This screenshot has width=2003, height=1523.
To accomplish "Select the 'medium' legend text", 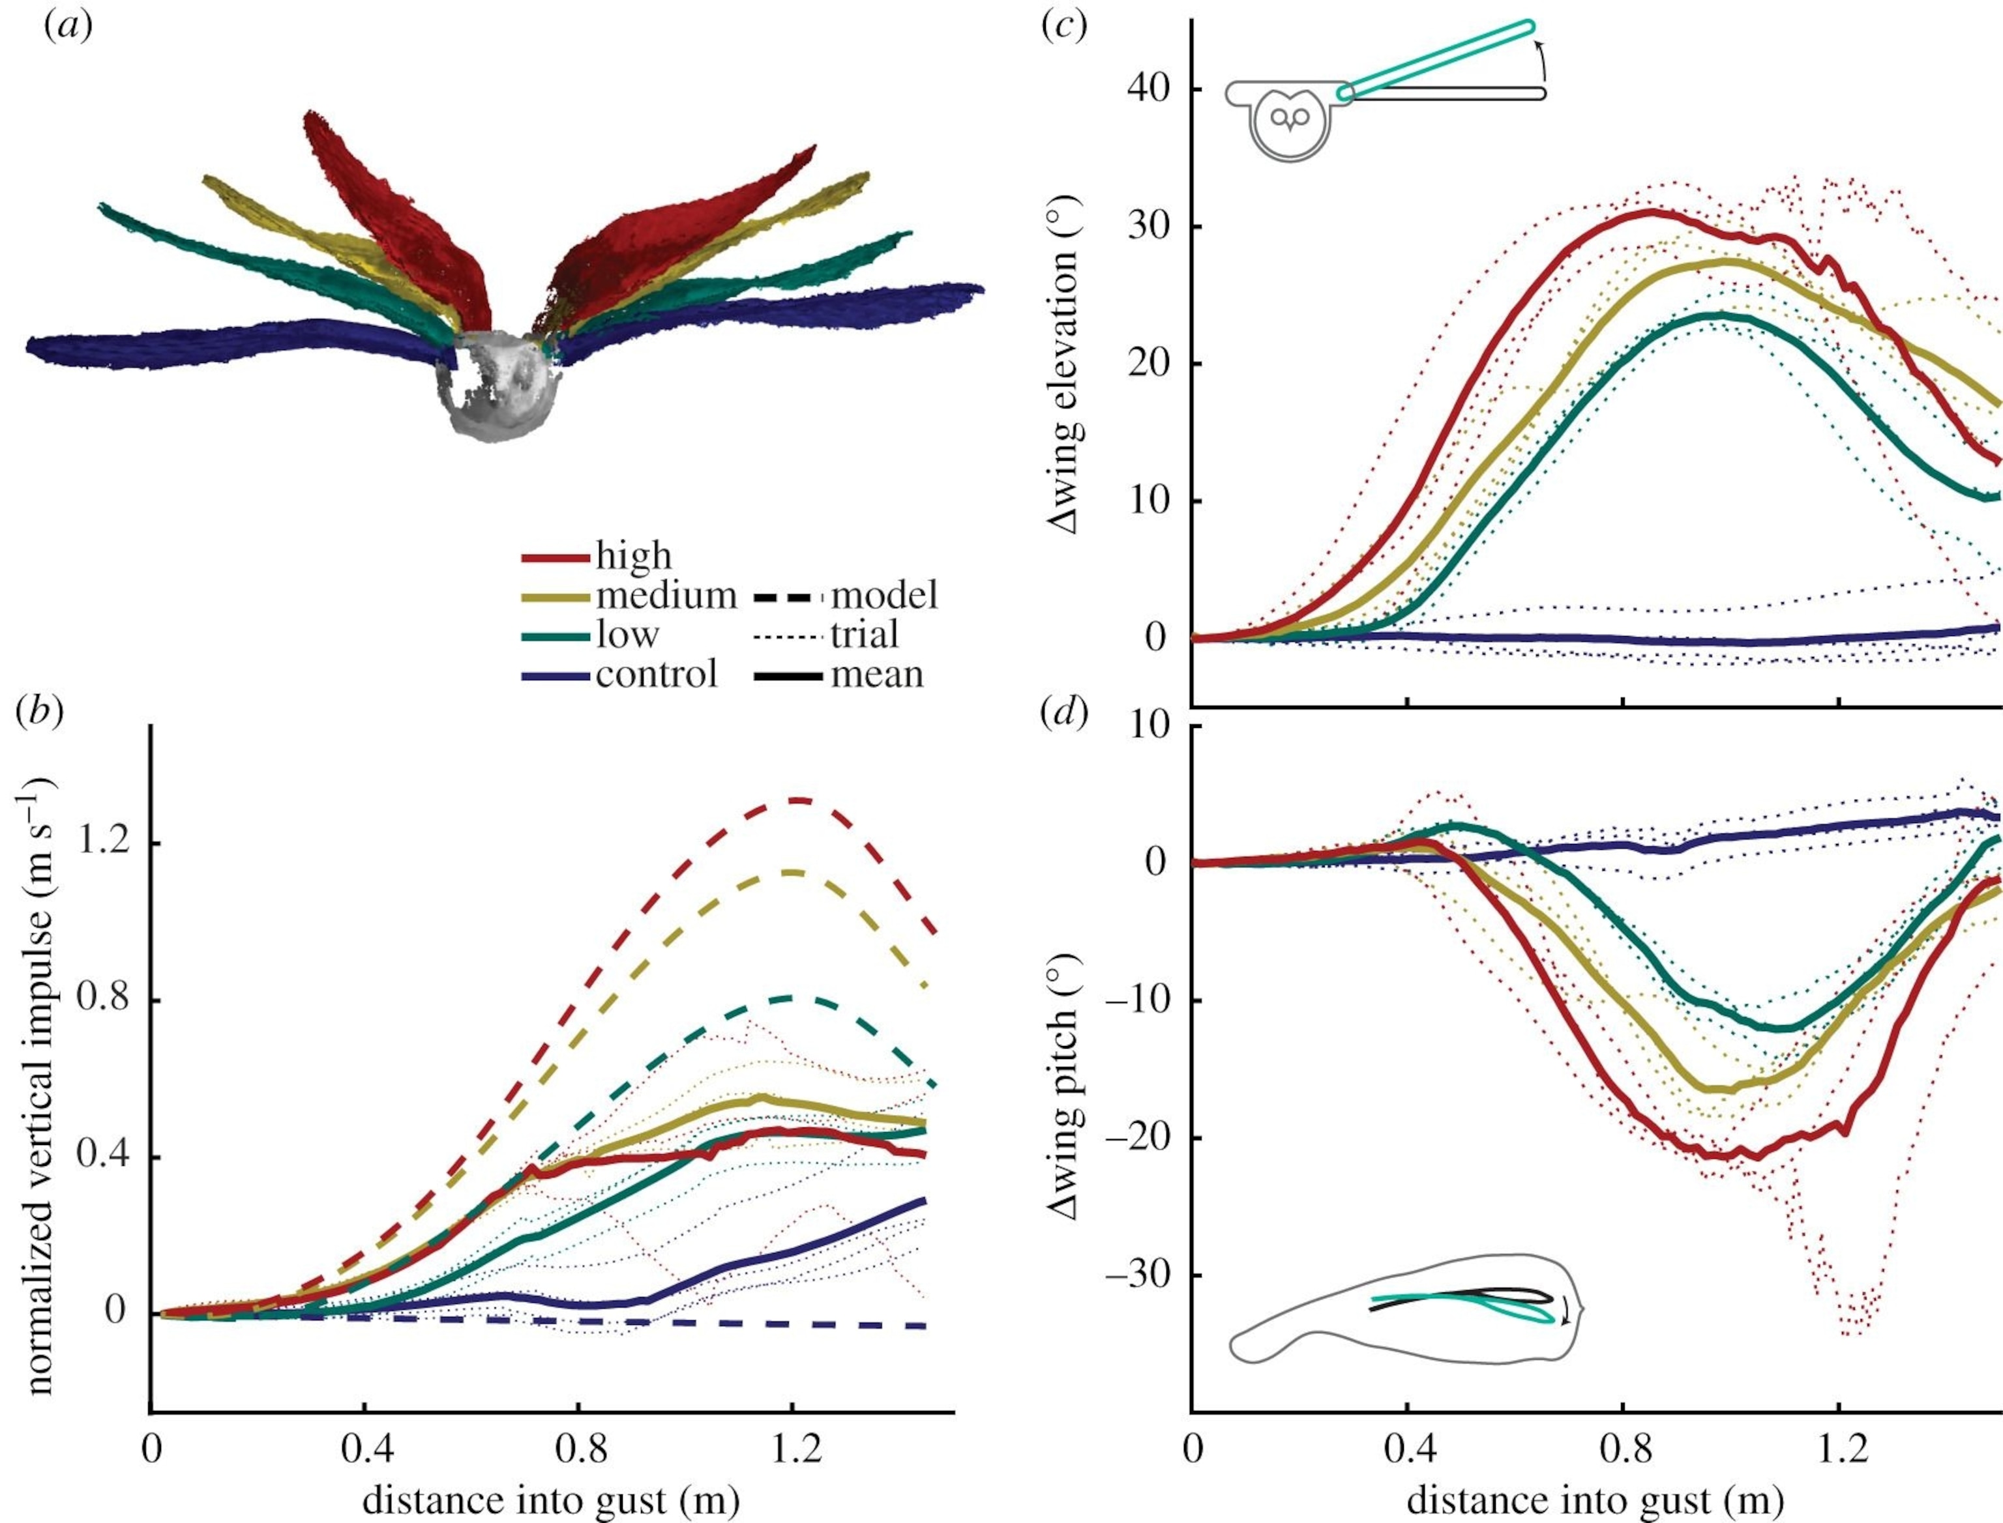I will pos(666,596).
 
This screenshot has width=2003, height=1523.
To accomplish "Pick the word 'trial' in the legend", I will pos(864,635).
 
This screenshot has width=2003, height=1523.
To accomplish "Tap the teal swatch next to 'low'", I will pos(555,635).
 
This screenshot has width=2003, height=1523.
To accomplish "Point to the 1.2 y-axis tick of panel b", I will pos(102,842).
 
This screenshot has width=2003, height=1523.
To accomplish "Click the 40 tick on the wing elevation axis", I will pos(1149,89).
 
